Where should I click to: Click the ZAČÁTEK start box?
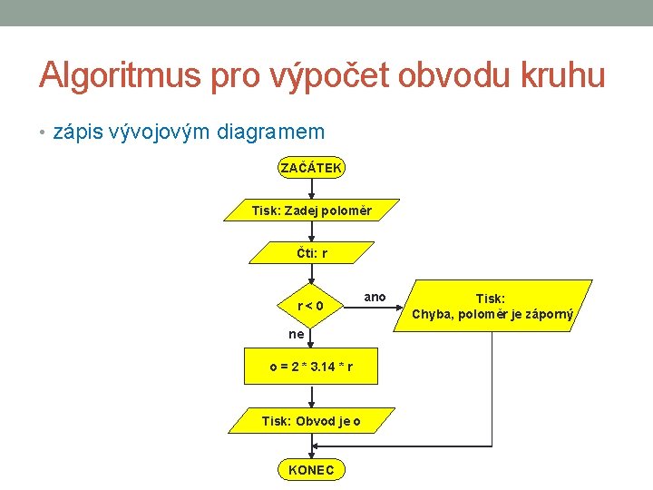311,168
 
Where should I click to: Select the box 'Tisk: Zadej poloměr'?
311,211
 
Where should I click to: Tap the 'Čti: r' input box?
311,253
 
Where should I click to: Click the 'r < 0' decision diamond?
311,306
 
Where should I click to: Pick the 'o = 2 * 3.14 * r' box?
311,367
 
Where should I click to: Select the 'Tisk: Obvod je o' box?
311,420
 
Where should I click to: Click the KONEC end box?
311,469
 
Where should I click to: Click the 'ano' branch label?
375,297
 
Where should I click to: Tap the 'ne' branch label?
297,334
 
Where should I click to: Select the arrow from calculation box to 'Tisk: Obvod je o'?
311,396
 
